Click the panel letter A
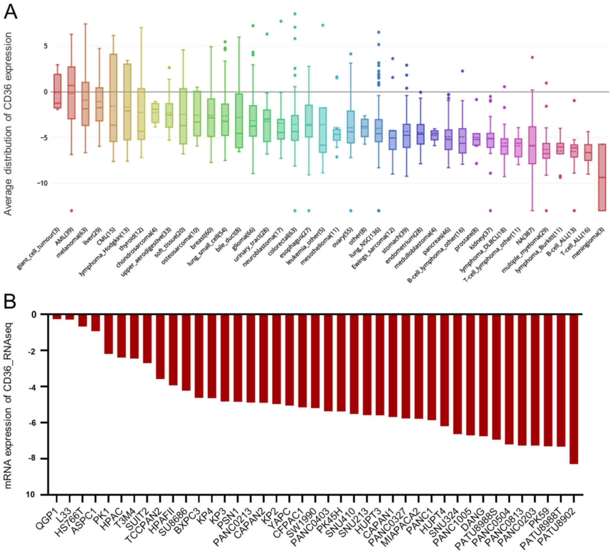pyautogui.click(x=10, y=13)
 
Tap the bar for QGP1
pyautogui.click(x=57, y=317)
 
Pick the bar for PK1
pyautogui.click(x=109, y=334)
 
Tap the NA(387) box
pyautogui.click(x=532, y=145)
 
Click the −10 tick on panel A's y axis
pyautogui.click(x=41, y=183)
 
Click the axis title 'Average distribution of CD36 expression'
pyautogui.click(x=8, y=124)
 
